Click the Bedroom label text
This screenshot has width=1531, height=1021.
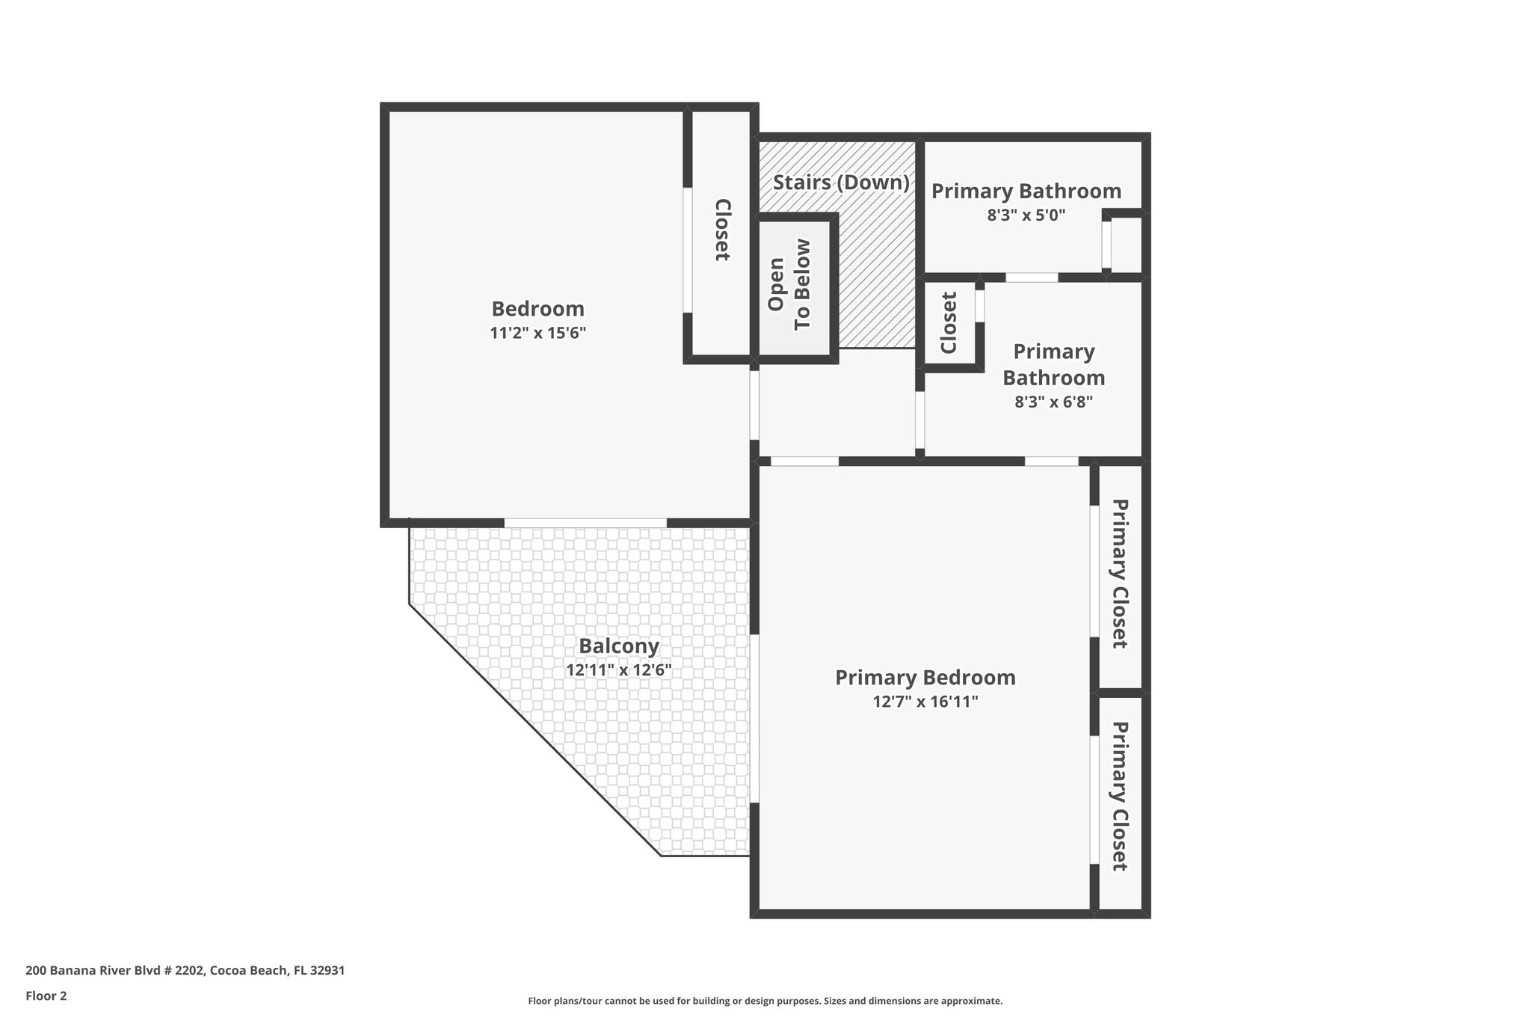(537, 308)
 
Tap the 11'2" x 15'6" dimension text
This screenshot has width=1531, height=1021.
(537, 333)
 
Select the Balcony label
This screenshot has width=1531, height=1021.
(619, 646)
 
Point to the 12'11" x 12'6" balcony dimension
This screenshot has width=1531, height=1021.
(619, 670)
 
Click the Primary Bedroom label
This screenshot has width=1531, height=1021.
(925, 677)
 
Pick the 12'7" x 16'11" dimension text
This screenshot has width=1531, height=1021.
(925, 702)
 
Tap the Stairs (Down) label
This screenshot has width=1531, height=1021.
(841, 183)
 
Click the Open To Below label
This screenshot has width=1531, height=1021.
(789, 284)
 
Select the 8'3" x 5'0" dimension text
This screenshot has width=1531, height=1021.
(1026, 215)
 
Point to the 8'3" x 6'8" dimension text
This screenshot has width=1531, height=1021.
(1053, 402)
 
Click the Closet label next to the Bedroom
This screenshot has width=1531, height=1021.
(722, 230)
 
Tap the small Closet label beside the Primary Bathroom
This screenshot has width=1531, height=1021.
(949, 322)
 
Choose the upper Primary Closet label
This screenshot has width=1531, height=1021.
(1119, 574)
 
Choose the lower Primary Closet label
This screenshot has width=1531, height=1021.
(1119, 796)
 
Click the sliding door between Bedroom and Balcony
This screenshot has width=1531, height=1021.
(585, 523)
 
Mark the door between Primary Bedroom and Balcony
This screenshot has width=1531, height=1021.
(755, 719)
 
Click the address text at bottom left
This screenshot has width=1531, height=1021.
(185, 970)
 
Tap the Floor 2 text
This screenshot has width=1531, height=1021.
(46, 996)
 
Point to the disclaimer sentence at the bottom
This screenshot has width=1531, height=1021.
(765, 1001)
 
